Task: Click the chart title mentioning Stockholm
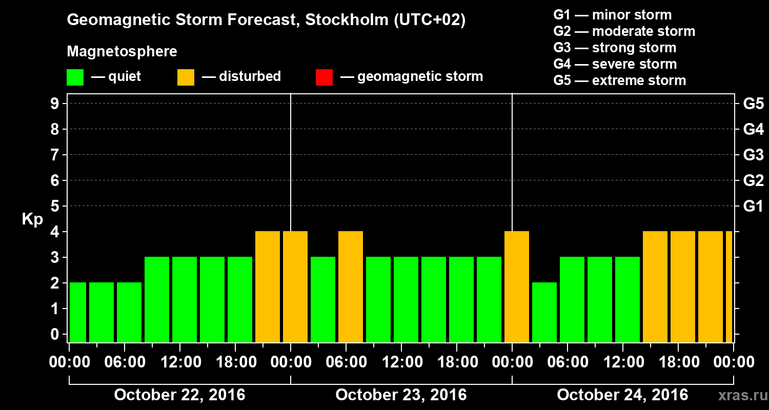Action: (x=266, y=20)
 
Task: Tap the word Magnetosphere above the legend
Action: (x=122, y=52)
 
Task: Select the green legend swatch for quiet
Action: (x=75, y=77)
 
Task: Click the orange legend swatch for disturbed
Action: (x=186, y=77)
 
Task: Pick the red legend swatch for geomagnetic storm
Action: (x=324, y=77)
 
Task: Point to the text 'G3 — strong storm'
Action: (x=615, y=48)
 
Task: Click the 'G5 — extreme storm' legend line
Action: (x=619, y=80)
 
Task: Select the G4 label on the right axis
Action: (x=753, y=129)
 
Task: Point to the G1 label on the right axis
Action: (x=753, y=206)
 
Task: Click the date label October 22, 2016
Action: (x=179, y=395)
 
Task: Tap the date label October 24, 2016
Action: (x=622, y=395)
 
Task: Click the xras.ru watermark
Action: (x=739, y=396)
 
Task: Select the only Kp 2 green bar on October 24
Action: (x=544, y=312)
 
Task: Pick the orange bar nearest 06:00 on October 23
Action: (x=351, y=286)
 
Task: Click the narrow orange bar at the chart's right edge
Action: (x=729, y=286)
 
